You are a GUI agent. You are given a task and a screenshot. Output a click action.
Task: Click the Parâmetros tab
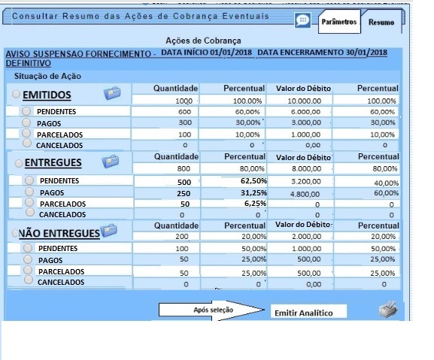pos(338,23)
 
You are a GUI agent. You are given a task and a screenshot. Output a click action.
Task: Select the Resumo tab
pos(381,23)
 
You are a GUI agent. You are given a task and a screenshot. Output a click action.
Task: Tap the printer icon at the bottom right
pos(387,310)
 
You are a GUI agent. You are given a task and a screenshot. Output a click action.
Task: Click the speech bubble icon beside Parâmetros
pos(302,20)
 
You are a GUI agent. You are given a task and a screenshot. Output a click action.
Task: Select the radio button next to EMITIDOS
pos(17,95)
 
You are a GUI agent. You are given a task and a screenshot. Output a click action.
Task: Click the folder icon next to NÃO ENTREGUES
pos(108,230)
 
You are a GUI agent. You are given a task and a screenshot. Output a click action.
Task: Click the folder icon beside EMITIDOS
pos(112,93)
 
